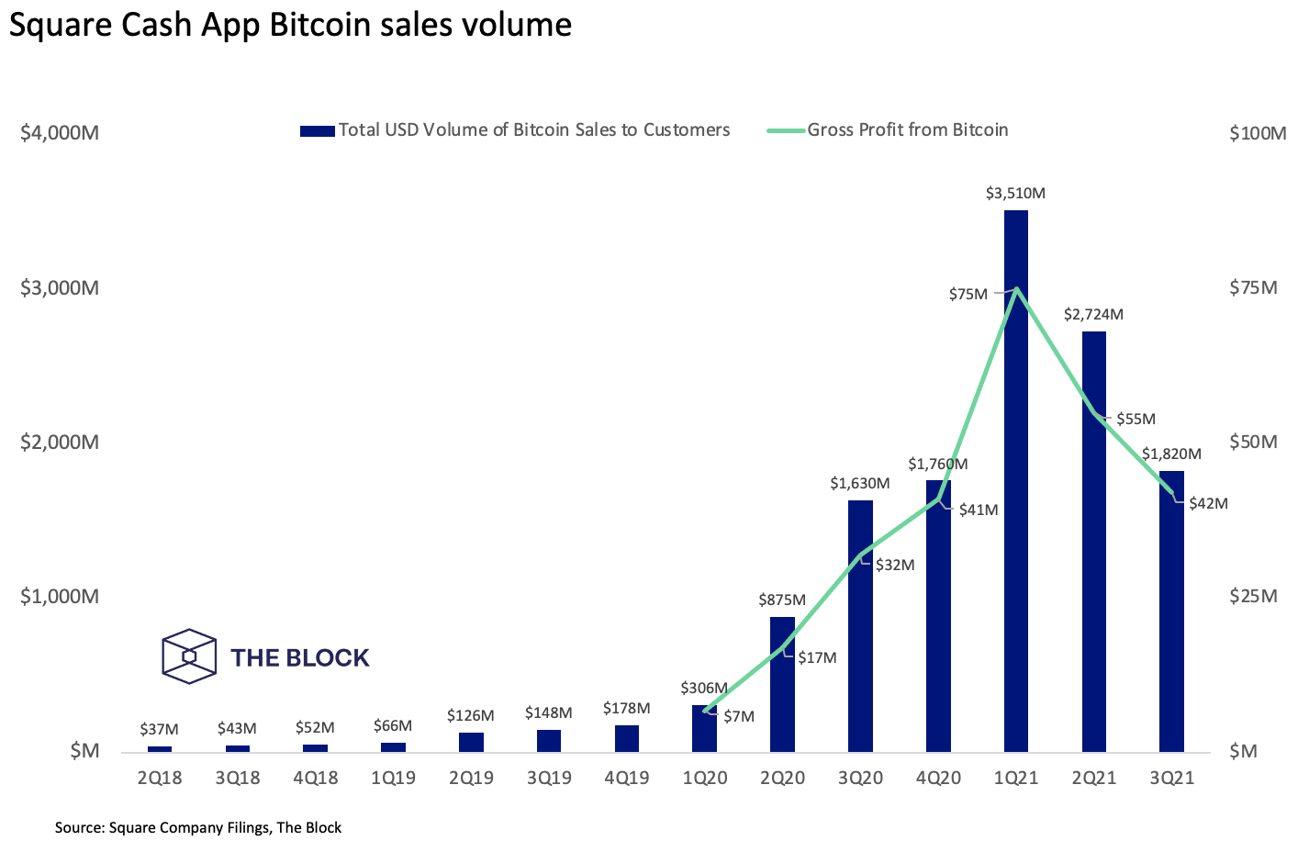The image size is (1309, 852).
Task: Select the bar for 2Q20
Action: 782,684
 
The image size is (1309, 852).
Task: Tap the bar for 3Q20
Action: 860,625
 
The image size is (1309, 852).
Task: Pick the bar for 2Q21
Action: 1093,541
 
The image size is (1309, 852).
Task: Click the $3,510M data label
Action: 1015,194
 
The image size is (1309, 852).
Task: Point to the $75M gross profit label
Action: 968,294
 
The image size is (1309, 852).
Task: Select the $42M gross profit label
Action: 1208,503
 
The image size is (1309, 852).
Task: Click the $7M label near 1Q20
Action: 738,716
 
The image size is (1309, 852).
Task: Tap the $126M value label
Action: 471,715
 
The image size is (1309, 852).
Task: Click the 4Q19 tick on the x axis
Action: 626,778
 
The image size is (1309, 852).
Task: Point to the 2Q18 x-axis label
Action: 160,778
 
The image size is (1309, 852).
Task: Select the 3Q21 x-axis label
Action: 1171,778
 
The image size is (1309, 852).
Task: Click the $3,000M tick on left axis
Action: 60,287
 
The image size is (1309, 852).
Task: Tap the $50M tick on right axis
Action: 1253,442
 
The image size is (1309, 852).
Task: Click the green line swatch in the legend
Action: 785,130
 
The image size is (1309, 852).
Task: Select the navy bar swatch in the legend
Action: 317,130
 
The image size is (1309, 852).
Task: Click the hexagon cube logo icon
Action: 189,656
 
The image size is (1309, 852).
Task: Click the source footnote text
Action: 198,827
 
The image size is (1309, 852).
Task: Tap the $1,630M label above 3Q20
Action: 860,483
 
